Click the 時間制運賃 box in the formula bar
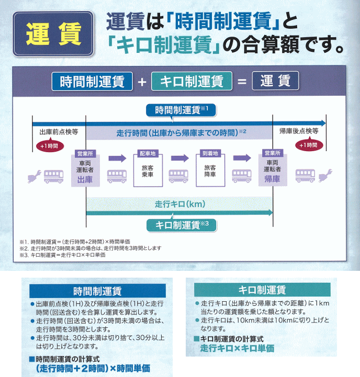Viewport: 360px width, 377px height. pos(92,82)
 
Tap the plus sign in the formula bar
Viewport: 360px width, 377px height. pos(141,82)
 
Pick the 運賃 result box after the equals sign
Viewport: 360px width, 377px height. pos(275,82)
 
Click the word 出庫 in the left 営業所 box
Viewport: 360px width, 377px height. pos(85,179)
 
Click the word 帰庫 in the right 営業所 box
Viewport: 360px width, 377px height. pos(272,179)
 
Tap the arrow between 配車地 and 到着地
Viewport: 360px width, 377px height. pos(179,158)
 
